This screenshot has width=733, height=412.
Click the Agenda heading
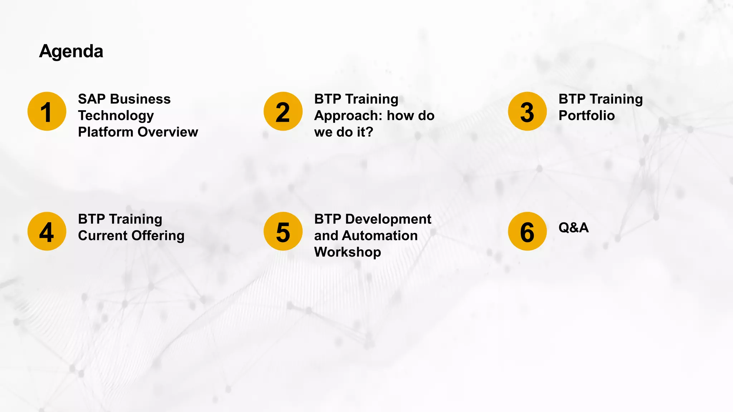click(x=71, y=51)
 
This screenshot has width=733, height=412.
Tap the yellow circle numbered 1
click(x=47, y=111)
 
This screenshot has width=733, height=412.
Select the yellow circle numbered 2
click(x=283, y=111)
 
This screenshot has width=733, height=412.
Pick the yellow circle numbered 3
click(x=527, y=111)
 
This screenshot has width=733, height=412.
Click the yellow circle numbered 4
click(x=47, y=231)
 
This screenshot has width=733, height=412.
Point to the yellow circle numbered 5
click(x=283, y=231)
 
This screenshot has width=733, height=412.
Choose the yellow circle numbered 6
click(x=527, y=231)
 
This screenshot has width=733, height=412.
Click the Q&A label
click(x=573, y=227)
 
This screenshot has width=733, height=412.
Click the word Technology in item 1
click(x=116, y=116)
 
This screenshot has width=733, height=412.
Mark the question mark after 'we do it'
click(x=369, y=132)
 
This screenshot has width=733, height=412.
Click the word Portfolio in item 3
click(x=587, y=116)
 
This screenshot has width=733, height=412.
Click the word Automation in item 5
click(x=380, y=236)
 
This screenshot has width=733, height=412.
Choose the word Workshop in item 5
click(x=348, y=252)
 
